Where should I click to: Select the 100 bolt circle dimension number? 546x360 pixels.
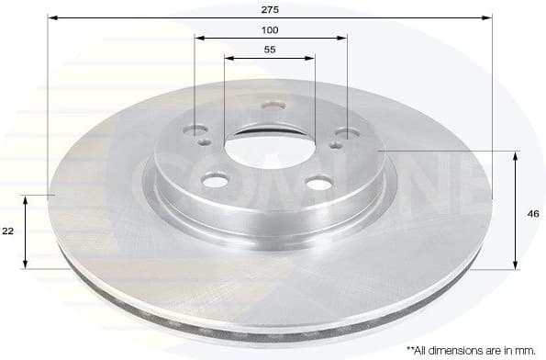pos(270,29)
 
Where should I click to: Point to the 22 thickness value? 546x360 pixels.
pos(8,231)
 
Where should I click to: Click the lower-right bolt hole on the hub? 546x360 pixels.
pos(318,184)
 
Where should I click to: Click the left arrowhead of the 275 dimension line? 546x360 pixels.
pos(52,17)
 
